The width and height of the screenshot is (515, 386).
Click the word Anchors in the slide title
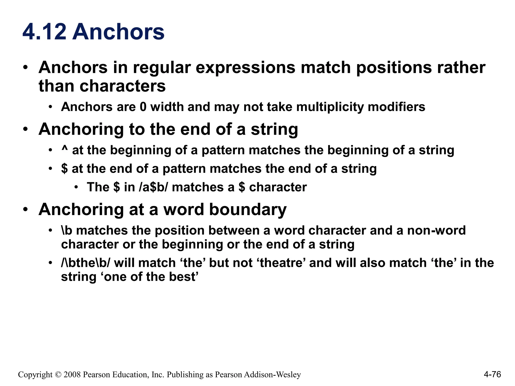pos(118,32)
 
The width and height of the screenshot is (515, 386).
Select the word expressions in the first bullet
pos(245,68)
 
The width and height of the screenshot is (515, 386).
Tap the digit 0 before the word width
pos(143,107)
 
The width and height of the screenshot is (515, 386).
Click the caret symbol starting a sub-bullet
pos(65,149)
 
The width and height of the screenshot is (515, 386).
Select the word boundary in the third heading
pos(248,209)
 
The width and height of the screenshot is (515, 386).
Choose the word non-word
pos(436,230)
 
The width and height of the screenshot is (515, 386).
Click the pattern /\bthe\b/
pos(85,263)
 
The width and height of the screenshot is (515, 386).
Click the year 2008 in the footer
pos(72,374)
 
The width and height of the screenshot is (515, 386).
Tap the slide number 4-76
pos(492,374)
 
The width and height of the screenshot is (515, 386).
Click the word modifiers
pos(396,107)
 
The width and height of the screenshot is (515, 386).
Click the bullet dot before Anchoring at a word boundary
pos(25,209)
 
